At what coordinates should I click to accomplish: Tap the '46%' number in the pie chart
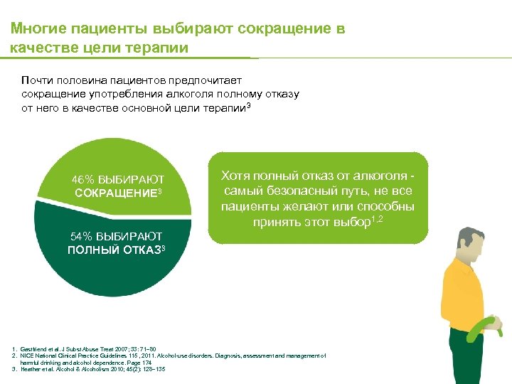[82, 180]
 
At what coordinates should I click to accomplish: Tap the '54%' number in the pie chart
[80, 236]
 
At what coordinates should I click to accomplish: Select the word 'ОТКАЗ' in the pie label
[142, 250]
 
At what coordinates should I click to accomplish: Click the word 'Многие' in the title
[35, 28]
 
